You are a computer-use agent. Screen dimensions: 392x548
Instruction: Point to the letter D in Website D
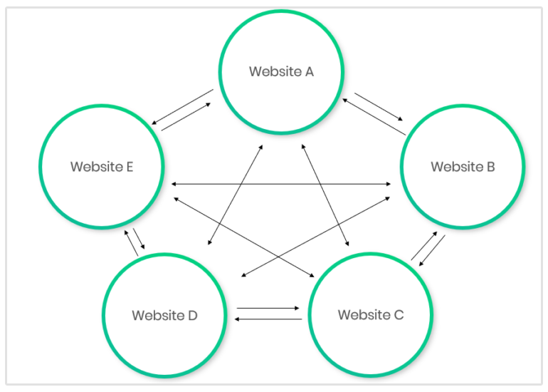(x=192, y=315)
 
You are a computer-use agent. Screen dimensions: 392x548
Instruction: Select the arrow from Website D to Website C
(x=268, y=308)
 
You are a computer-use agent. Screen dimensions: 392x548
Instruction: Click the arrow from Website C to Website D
(x=268, y=319)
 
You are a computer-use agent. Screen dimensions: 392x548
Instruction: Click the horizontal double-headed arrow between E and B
(x=280, y=185)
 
